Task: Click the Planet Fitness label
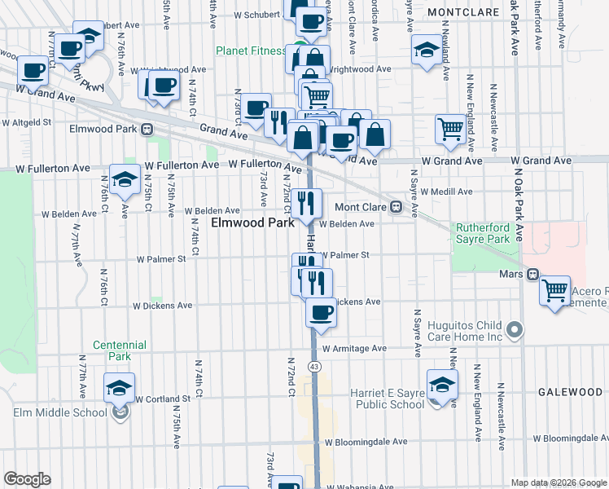[251, 51]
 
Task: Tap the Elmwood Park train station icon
[147, 129]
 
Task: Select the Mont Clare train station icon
[396, 207]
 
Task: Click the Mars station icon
[532, 275]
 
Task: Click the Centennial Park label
[119, 350]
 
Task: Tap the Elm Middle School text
[59, 412]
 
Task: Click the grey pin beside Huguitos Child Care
[514, 329]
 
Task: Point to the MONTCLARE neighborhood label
[462, 13]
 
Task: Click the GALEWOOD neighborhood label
[570, 392]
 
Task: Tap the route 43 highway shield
[313, 367]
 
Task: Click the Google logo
[27, 479]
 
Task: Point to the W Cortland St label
[163, 399]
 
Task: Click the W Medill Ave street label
[446, 192]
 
